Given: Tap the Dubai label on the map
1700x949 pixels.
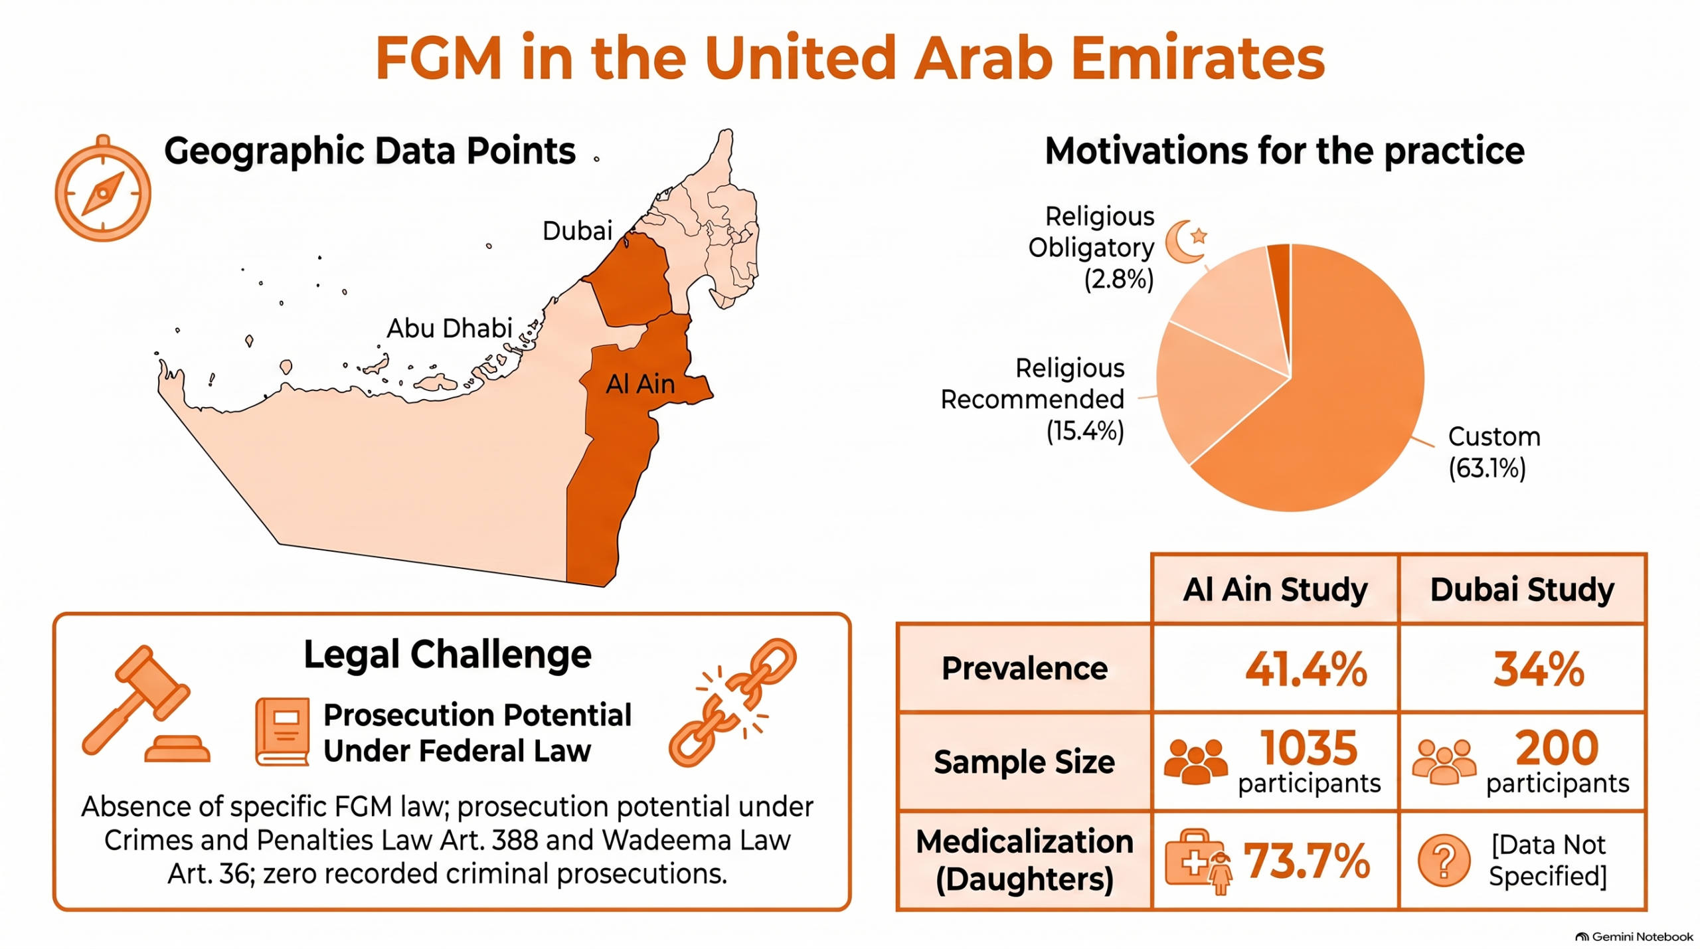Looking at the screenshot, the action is point(577,231).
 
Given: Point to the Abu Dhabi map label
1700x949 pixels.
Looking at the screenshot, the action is point(450,328).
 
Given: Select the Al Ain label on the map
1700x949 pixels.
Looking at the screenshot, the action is point(640,384).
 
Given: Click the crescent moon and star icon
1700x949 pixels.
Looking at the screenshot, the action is point(1186,241).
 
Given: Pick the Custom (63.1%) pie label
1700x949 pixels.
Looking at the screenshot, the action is point(1494,452).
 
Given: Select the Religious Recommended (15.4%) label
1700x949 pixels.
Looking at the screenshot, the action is point(1033,399).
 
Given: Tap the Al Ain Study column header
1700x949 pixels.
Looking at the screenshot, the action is point(1276,589).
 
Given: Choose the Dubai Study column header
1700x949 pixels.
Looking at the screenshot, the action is point(1522,589).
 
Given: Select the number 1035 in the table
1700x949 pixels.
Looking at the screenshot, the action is point(1309,748).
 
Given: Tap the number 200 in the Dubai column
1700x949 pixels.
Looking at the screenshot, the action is point(1557,748).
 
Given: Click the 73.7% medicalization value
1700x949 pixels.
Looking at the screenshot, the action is point(1307,861).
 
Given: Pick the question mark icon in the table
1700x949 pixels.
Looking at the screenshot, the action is point(1444,861).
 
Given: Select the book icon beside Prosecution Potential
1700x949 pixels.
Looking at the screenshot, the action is point(283,732).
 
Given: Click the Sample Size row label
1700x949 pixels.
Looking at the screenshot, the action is point(1025,762).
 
